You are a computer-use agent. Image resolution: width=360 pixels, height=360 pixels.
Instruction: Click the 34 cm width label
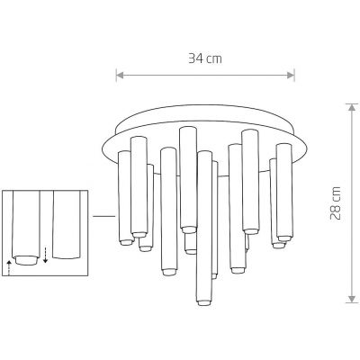tap(205, 58)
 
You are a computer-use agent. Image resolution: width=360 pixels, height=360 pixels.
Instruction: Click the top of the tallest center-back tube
tap(187, 130)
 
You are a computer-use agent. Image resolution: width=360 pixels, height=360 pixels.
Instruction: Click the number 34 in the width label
tap(197, 58)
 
